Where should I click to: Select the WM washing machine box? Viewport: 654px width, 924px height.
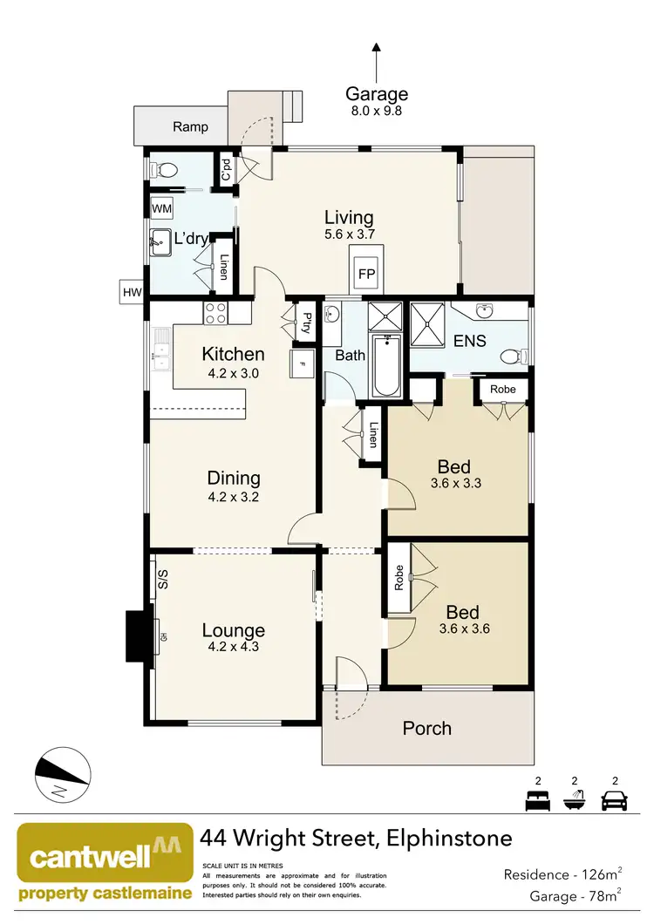point(161,209)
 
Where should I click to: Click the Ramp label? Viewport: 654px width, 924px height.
point(190,126)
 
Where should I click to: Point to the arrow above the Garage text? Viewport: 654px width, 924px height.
point(377,61)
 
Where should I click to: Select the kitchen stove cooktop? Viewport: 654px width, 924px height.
point(215,311)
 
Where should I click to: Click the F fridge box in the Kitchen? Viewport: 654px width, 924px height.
point(302,363)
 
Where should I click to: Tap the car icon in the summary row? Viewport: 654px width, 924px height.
point(616,799)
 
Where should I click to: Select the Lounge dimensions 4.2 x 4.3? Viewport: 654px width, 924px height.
point(234,647)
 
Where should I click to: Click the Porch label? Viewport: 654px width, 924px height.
point(427,728)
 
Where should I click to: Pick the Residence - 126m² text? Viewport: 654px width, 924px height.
point(562,873)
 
